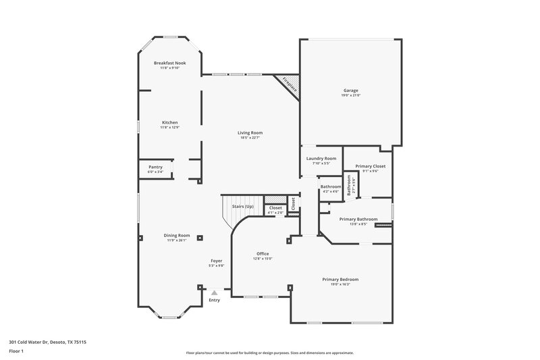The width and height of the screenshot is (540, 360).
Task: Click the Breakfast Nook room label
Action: [x=169, y=63]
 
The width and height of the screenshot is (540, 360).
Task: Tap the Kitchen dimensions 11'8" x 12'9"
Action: [x=169, y=127]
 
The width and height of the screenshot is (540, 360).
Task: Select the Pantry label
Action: [x=155, y=167]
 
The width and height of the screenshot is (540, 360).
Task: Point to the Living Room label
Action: [x=250, y=132]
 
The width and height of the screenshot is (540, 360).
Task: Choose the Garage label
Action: [x=350, y=91]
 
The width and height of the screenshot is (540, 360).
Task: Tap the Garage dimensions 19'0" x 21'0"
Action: [x=350, y=95]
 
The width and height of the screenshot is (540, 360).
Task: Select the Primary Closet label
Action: [x=370, y=165]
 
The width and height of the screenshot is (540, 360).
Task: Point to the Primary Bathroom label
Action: [x=358, y=219]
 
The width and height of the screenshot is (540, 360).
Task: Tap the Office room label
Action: [x=263, y=254]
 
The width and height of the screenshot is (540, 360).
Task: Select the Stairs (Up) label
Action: [x=242, y=206]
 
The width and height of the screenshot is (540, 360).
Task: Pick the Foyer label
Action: [x=217, y=261]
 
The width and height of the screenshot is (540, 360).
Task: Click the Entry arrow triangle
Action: [x=215, y=292]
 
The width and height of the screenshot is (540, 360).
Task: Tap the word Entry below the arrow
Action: [x=215, y=300]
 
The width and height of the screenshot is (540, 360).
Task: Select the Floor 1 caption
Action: [x=16, y=351]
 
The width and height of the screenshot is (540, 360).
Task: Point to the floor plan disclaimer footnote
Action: [x=269, y=353]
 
